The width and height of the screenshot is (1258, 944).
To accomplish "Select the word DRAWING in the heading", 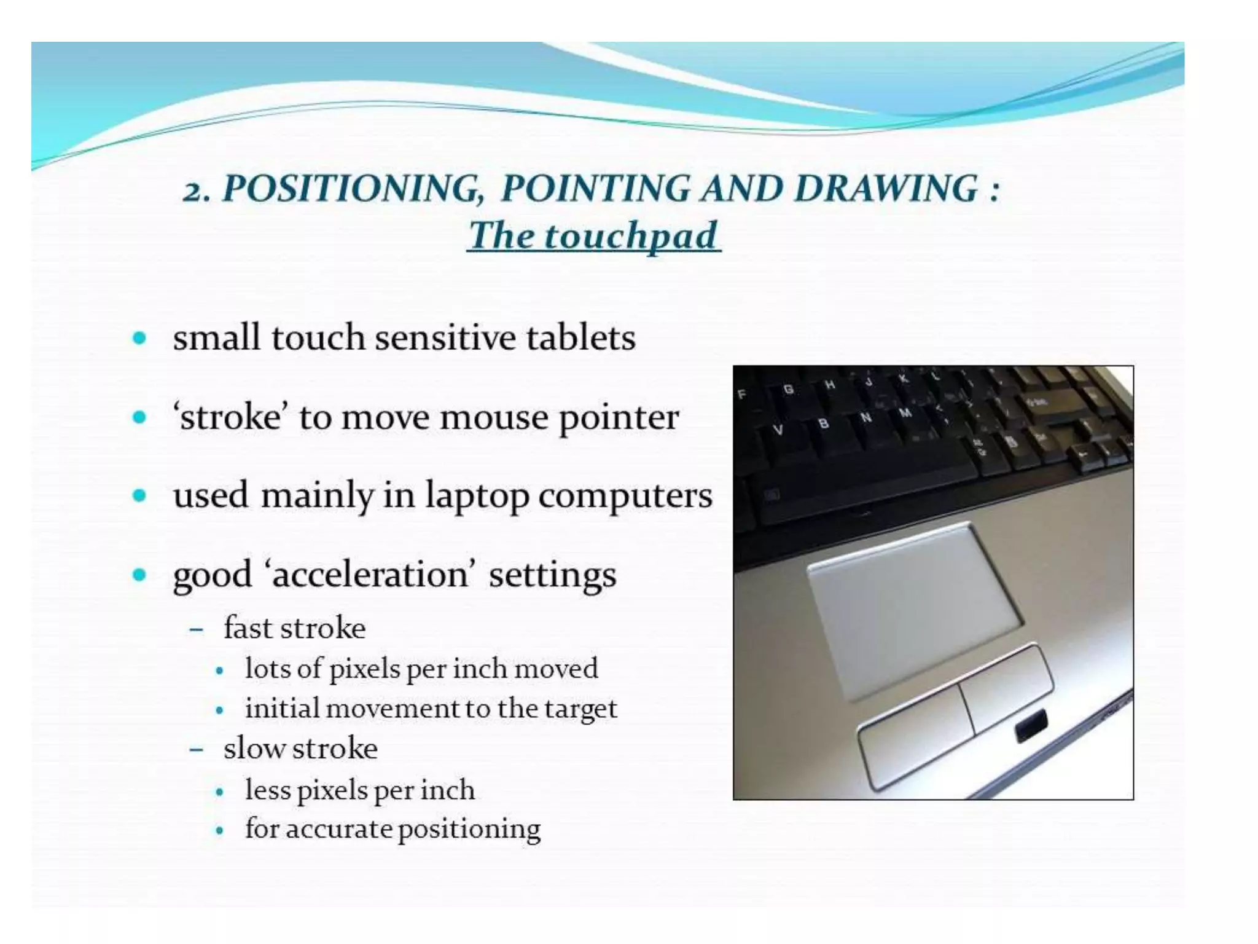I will tap(885, 189).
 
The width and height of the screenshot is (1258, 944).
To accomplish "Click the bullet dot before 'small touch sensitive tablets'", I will tap(140, 338).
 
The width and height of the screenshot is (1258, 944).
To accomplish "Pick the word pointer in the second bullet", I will tap(619, 419).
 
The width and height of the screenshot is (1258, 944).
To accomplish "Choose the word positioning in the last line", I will tap(469, 830).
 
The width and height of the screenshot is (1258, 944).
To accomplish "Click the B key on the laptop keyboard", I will tap(823, 423).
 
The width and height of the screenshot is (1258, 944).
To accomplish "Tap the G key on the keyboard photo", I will tap(788, 388).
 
